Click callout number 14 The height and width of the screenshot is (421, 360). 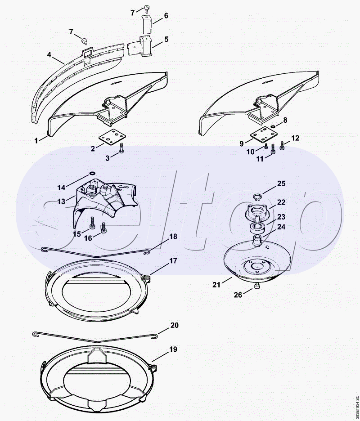click(62, 188)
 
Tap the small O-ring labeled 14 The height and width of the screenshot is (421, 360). click(92, 173)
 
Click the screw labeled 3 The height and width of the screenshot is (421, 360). click(121, 148)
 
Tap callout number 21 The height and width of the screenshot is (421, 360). click(216, 285)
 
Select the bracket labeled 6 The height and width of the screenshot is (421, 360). click(147, 24)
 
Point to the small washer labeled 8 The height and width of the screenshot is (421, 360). click(273, 126)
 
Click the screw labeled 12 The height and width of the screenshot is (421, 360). click(282, 145)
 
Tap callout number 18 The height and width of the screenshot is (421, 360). click(173, 237)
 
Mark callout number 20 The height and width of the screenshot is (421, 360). click(174, 325)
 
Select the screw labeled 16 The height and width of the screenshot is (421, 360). click(103, 228)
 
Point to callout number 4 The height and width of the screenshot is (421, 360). click(49, 55)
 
